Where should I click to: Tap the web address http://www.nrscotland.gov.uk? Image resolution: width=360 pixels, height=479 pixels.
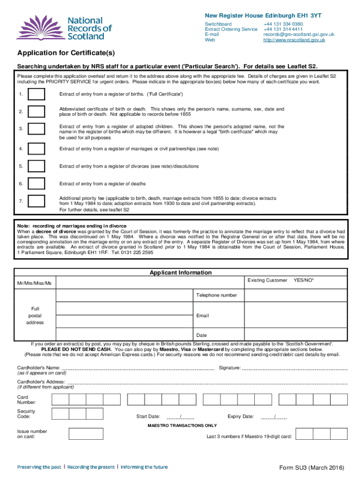point(294,40)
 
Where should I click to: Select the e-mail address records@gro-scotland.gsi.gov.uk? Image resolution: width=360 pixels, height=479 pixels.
point(298,35)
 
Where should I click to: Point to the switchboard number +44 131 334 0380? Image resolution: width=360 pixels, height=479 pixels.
point(283,24)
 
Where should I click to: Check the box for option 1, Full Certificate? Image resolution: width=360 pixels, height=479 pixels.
point(36,95)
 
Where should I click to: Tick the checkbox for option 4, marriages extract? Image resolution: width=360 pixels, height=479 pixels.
point(36,149)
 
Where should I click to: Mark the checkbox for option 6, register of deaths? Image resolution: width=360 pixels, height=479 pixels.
point(36,184)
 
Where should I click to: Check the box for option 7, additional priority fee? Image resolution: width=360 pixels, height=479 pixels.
point(36,201)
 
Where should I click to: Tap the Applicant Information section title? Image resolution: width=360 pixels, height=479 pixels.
point(180,273)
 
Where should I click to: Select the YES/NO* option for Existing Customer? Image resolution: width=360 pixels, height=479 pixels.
point(303,280)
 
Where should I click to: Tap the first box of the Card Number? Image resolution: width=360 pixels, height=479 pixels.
point(60,399)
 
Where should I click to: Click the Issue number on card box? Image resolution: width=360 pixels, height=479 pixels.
point(86,434)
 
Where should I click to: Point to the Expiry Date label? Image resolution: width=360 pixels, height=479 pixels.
point(240,416)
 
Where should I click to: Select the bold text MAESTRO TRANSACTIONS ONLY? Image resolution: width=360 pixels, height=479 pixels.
point(182,426)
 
